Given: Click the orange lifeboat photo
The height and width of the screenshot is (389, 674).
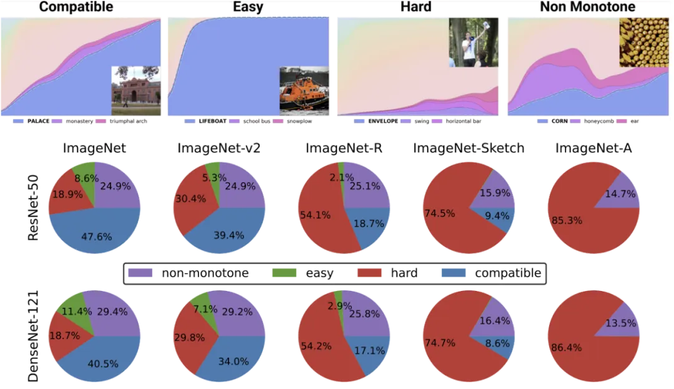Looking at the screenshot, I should pos(304,89).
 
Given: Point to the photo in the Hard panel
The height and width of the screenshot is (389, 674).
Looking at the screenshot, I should pos(473,41).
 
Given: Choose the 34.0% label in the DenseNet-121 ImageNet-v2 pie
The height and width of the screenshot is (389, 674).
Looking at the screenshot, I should pos(232,361).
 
